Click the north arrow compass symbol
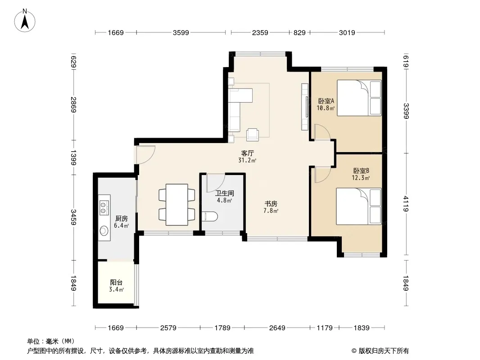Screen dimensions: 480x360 25,21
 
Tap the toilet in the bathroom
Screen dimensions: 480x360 210,216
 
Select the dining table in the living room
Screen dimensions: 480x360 177,205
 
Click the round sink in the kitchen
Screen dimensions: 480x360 104,231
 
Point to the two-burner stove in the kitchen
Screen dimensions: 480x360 104,207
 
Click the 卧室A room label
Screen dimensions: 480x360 326,101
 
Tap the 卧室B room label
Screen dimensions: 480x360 361,171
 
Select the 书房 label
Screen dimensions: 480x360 271,203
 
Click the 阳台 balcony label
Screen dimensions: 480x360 116,282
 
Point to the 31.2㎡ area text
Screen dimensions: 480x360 247,160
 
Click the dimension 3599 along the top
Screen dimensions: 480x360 181,32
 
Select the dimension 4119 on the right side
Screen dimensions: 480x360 406,203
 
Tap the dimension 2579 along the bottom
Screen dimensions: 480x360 168,328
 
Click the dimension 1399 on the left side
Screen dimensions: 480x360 73,157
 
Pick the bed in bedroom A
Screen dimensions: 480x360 359,98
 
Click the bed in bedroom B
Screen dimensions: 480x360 359,207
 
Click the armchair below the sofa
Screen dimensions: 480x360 253,135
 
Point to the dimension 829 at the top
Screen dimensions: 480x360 300,32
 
